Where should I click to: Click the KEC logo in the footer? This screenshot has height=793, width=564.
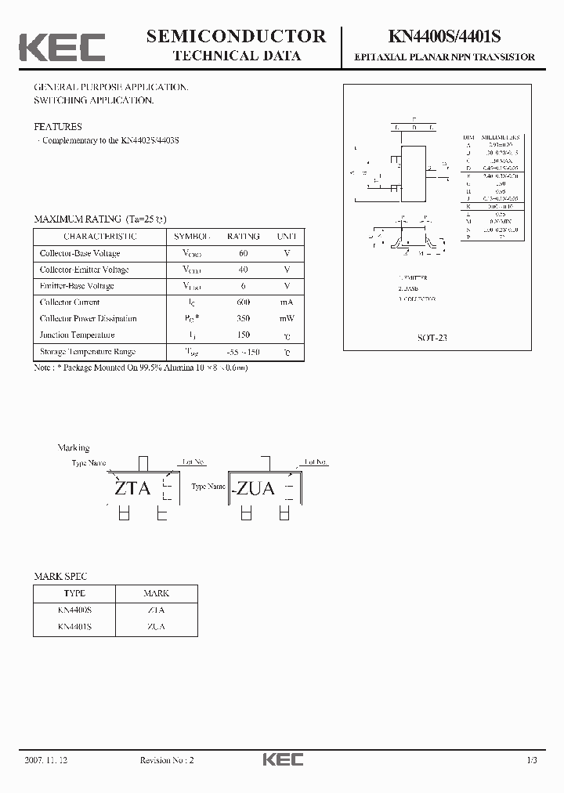(x=282, y=759)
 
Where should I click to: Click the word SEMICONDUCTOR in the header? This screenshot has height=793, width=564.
(x=237, y=35)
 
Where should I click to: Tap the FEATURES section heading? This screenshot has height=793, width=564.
(x=57, y=126)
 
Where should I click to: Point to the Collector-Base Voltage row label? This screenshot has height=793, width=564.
(x=79, y=253)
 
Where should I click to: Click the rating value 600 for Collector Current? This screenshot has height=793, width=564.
(x=243, y=302)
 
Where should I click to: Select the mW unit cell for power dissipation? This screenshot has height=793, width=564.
(x=287, y=319)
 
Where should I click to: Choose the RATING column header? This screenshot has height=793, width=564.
(x=243, y=236)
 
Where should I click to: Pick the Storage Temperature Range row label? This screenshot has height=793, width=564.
(x=87, y=352)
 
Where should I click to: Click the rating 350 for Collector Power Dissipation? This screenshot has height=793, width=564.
(x=243, y=319)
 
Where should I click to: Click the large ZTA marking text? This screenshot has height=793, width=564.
(x=132, y=488)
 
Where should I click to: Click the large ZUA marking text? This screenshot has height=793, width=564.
(x=255, y=488)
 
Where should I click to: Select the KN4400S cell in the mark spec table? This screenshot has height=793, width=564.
(x=74, y=610)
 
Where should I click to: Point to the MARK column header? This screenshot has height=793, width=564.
(x=156, y=593)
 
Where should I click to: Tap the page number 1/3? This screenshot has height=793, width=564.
(x=532, y=760)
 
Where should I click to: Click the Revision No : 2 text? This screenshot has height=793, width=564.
(x=166, y=760)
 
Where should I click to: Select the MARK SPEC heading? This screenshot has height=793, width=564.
(x=60, y=576)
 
